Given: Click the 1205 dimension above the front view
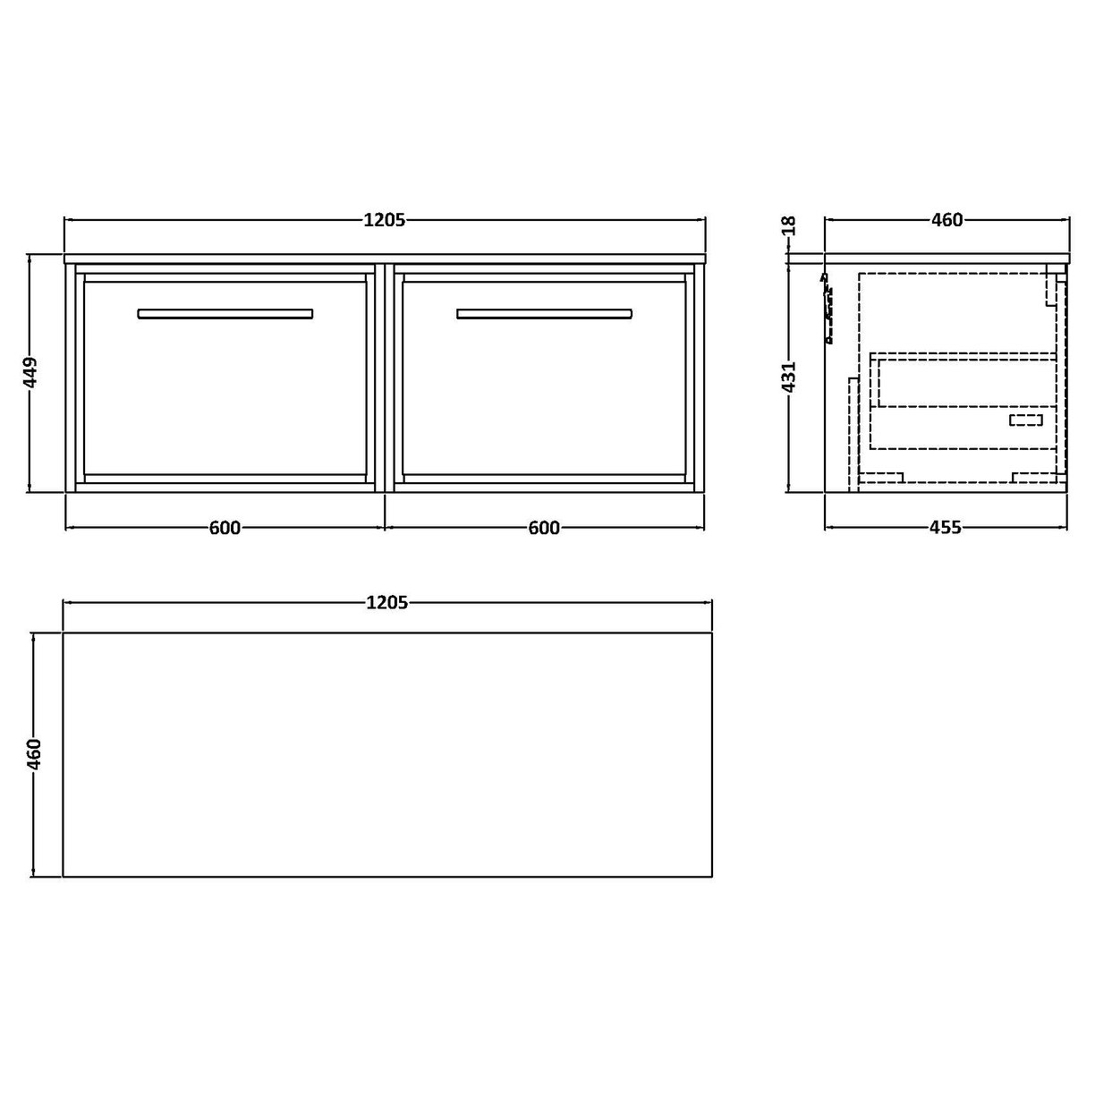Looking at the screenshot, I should click(385, 219).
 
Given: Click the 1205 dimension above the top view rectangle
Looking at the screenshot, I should click(387, 603).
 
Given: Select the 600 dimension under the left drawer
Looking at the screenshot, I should click(225, 528).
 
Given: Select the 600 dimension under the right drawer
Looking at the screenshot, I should click(543, 528).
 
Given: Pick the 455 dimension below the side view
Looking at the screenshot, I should click(945, 528).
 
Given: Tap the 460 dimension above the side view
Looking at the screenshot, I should click(946, 219).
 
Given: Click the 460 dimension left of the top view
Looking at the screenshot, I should click(34, 755).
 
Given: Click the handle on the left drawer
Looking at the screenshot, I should click(225, 314).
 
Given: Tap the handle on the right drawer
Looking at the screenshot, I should click(544, 314).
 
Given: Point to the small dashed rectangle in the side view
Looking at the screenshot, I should click(1025, 420).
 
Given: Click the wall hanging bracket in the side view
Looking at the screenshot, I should click(828, 309).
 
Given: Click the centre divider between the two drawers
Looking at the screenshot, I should click(385, 376).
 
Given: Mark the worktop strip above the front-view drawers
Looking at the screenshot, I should click(385, 259).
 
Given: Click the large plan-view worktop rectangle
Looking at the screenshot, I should click(387, 755).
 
